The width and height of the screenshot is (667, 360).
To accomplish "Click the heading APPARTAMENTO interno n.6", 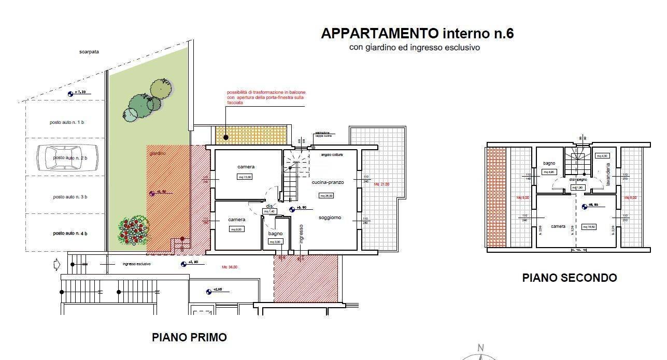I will [417, 34].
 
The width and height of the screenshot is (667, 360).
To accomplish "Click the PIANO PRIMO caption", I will [189, 337].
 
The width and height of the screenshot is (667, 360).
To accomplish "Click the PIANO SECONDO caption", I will [569, 278].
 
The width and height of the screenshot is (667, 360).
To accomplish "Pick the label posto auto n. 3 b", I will [70, 197].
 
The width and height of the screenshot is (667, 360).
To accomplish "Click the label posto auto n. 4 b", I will [70, 234].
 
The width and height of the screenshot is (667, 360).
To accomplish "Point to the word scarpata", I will [89, 52].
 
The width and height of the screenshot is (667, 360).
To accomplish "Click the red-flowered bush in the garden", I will [134, 231].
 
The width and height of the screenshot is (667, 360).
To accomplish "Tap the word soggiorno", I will [330, 218].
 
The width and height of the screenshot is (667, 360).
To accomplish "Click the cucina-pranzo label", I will [328, 182].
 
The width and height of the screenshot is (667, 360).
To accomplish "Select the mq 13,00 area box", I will [245, 177].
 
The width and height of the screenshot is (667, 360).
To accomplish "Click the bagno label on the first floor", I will [275, 234].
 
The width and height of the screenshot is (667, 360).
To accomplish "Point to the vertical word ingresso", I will [301, 233].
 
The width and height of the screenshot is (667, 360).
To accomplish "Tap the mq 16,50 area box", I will [590, 226].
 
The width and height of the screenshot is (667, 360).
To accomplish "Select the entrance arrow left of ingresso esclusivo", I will [57, 265].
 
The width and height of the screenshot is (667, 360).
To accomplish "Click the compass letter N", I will [480, 348].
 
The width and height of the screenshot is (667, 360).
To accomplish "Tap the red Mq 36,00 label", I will [230, 267].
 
